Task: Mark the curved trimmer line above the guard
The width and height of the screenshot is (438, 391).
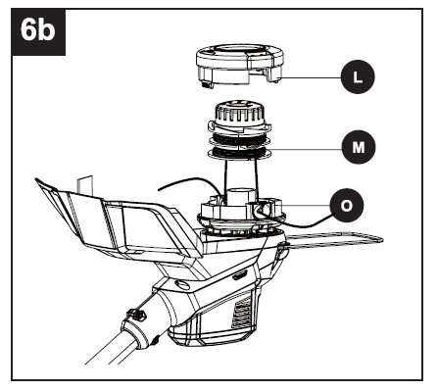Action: point(187,184)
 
